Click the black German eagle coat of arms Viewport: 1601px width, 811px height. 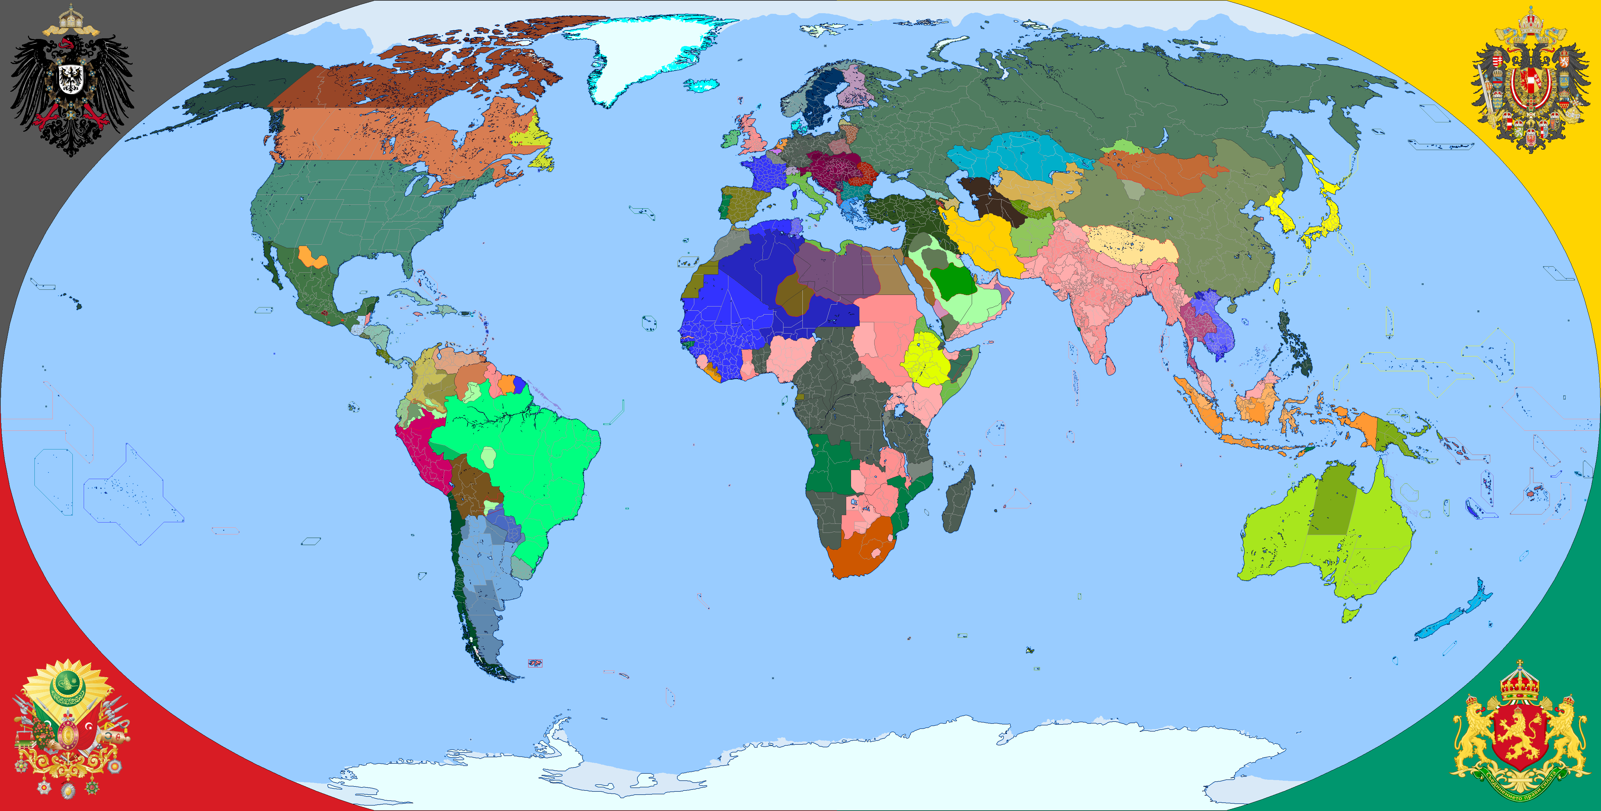[71, 81]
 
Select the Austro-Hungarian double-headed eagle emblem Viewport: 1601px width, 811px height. [1530, 81]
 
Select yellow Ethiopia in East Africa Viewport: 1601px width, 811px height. [926, 361]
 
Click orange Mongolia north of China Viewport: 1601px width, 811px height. [1162, 171]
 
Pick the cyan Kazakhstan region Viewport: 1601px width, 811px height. [1019, 156]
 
